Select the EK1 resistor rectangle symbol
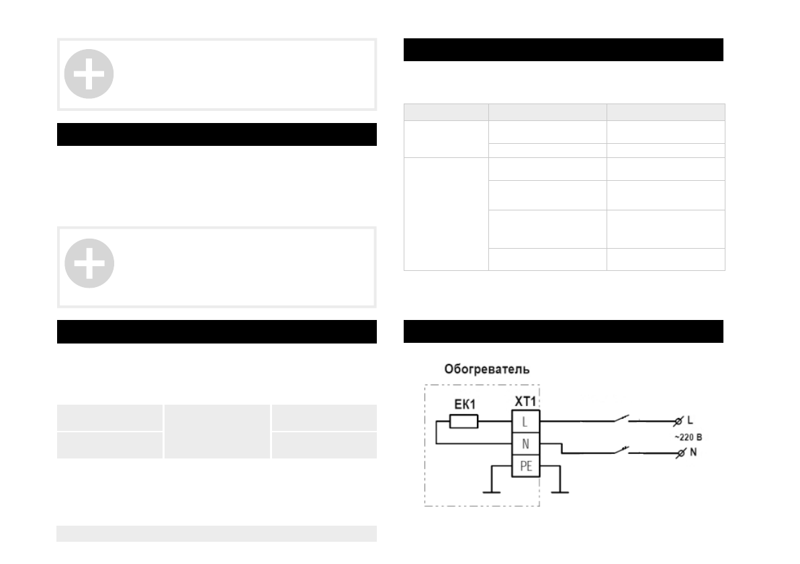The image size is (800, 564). [463, 421]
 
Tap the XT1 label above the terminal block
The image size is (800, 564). [525, 401]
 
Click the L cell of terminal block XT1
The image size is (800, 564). [525, 422]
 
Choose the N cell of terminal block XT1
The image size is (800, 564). [525, 444]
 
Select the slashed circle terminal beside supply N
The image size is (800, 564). [682, 453]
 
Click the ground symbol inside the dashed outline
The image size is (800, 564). [493, 491]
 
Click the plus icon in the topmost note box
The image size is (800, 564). [89, 74]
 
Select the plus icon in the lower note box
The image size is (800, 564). [89, 262]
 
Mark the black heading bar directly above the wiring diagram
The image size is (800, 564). [563, 331]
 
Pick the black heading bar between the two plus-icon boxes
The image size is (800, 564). [216, 134]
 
